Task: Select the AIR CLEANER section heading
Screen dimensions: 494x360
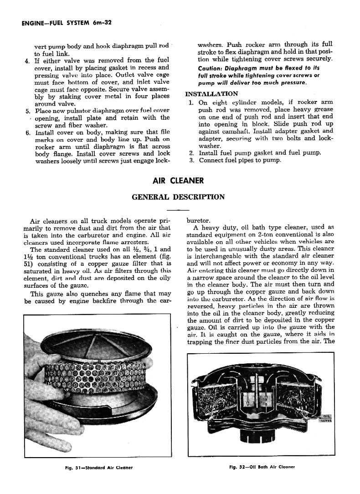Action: (178, 181)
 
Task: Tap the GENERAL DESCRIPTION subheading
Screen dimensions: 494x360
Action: (178, 197)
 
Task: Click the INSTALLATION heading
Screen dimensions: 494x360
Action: (211, 94)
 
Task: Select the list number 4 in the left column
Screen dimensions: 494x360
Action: (27, 60)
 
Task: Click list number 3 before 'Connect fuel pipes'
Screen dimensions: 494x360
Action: (192, 160)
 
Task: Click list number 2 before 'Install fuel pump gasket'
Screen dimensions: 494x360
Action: (192, 153)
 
